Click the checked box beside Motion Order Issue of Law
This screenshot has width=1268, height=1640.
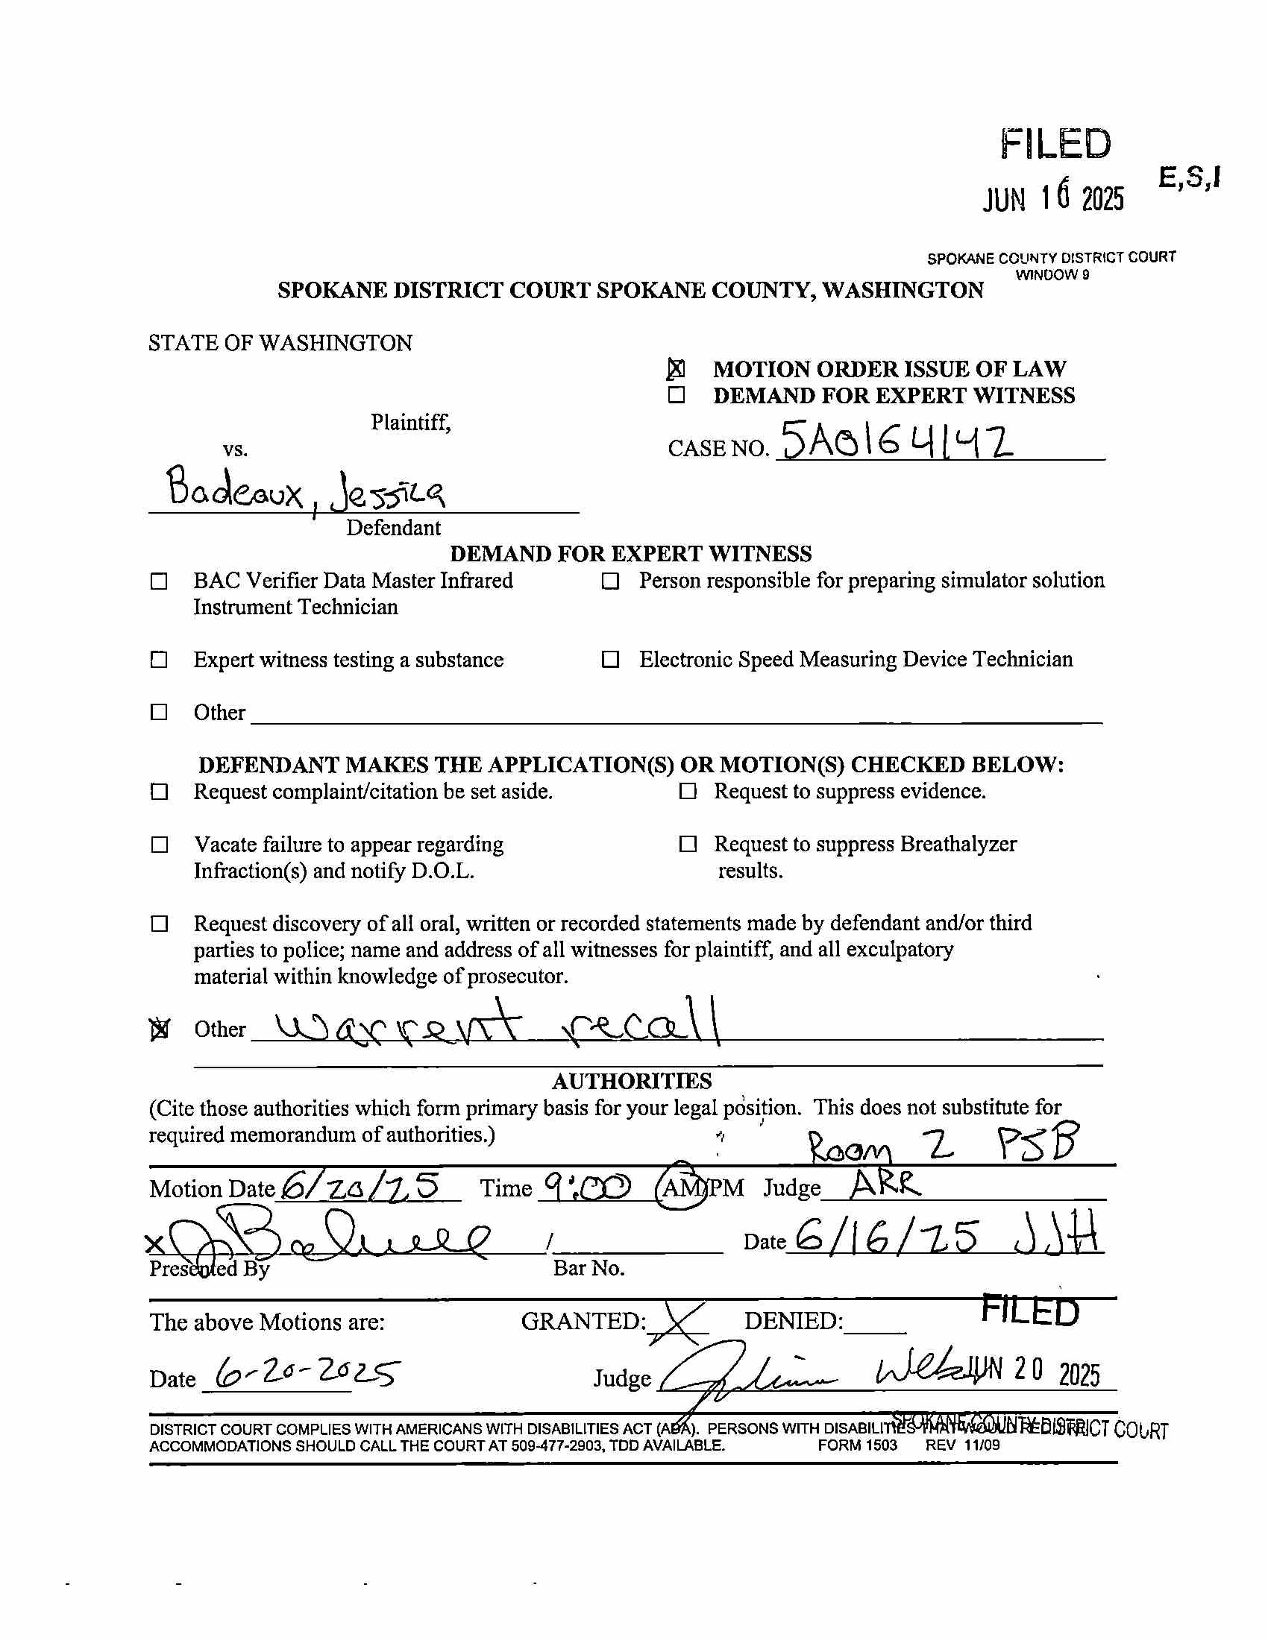click(x=676, y=369)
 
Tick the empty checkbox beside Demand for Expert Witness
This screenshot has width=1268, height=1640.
click(x=676, y=395)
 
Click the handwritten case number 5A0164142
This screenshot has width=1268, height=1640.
click(x=897, y=441)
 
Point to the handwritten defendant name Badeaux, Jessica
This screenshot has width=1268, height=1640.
click(x=305, y=491)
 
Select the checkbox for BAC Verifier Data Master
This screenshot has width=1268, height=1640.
click(x=160, y=581)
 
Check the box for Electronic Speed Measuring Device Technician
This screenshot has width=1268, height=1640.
click(x=610, y=659)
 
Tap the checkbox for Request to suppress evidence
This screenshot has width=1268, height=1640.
click(x=688, y=792)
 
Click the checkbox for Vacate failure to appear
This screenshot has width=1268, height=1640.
click(x=160, y=845)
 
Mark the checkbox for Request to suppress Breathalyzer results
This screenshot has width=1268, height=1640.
click(x=688, y=844)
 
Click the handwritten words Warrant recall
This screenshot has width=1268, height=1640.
click(x=496, y=1024)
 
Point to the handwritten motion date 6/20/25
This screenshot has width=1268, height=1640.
click(x=360, y=1186)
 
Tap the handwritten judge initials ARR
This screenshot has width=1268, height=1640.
click(x=884, y=1185)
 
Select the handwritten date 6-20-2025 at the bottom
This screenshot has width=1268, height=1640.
click(x=307, y=1372)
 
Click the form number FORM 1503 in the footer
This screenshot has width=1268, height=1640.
click(x=857, y=1445)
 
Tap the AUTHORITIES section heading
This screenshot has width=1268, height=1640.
click(x=632, y=1081)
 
